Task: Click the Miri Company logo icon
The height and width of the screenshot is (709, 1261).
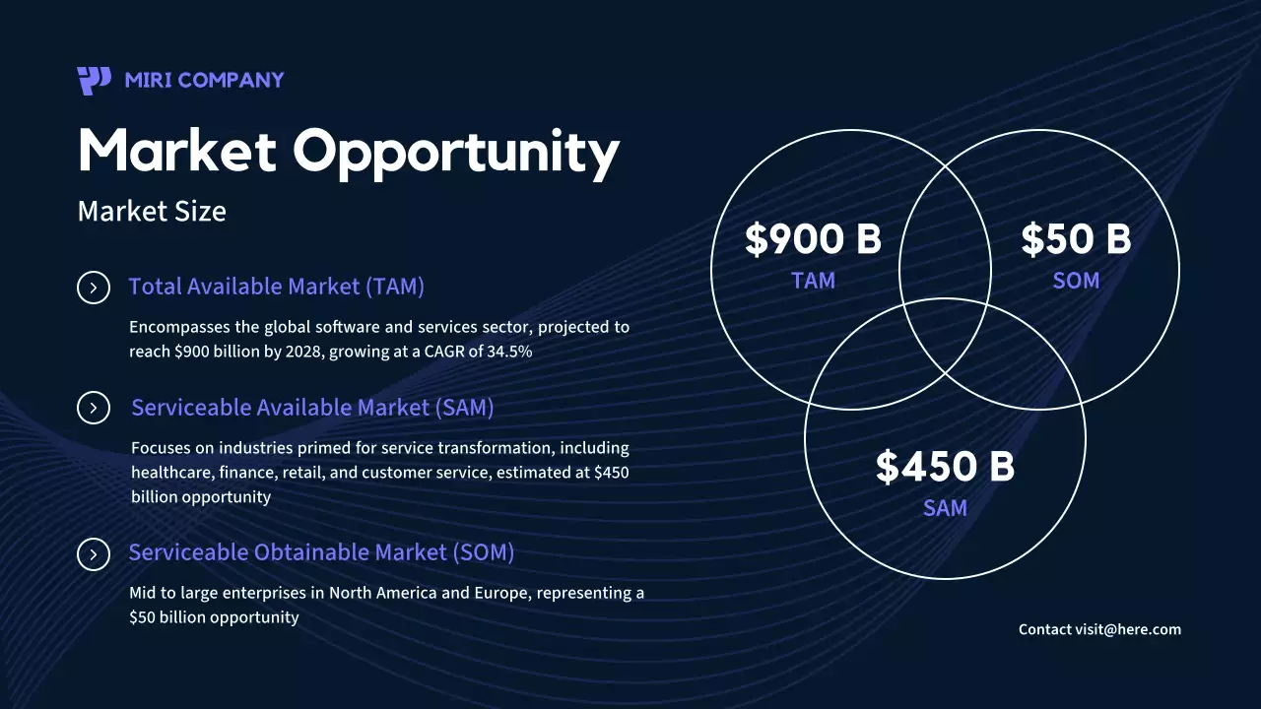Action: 94,80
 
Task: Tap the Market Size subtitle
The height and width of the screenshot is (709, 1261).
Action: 152,211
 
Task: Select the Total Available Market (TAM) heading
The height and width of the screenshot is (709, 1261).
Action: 276,287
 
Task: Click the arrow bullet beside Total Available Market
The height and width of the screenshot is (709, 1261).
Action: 94,288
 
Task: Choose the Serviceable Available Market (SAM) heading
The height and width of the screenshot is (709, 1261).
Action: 312,408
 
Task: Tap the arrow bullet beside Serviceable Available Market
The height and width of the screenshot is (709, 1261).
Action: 94,408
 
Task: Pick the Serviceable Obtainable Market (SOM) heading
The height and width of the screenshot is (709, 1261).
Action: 321,552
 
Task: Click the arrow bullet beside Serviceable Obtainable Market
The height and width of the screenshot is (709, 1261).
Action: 94,554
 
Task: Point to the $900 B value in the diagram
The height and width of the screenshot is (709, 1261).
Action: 813,239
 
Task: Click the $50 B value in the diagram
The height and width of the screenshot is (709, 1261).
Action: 1076,239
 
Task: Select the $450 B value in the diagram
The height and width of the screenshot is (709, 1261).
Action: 945,467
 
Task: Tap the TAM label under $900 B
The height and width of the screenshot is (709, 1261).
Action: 813,281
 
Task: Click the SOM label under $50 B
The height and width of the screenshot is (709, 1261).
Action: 1076,281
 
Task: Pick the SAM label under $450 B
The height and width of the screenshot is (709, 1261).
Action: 945,508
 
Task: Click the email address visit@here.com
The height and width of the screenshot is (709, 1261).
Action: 1128,629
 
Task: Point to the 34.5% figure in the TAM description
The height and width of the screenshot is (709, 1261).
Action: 509,351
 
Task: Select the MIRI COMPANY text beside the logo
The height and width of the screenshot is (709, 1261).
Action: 204,80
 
